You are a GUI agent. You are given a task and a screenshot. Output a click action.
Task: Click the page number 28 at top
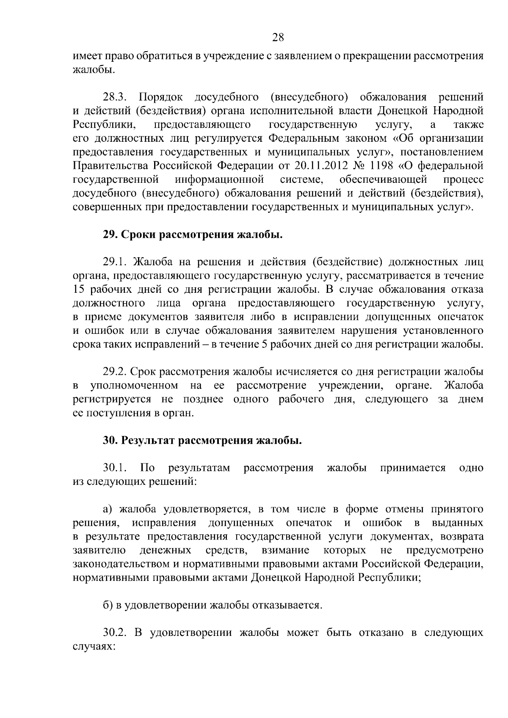click(278, 38)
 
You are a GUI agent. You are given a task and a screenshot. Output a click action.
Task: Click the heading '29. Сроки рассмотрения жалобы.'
click(193, 235)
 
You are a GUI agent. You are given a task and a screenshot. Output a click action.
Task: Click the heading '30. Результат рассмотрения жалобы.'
click(202, 441)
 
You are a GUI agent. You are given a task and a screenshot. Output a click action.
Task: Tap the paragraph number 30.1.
click(115, 468)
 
